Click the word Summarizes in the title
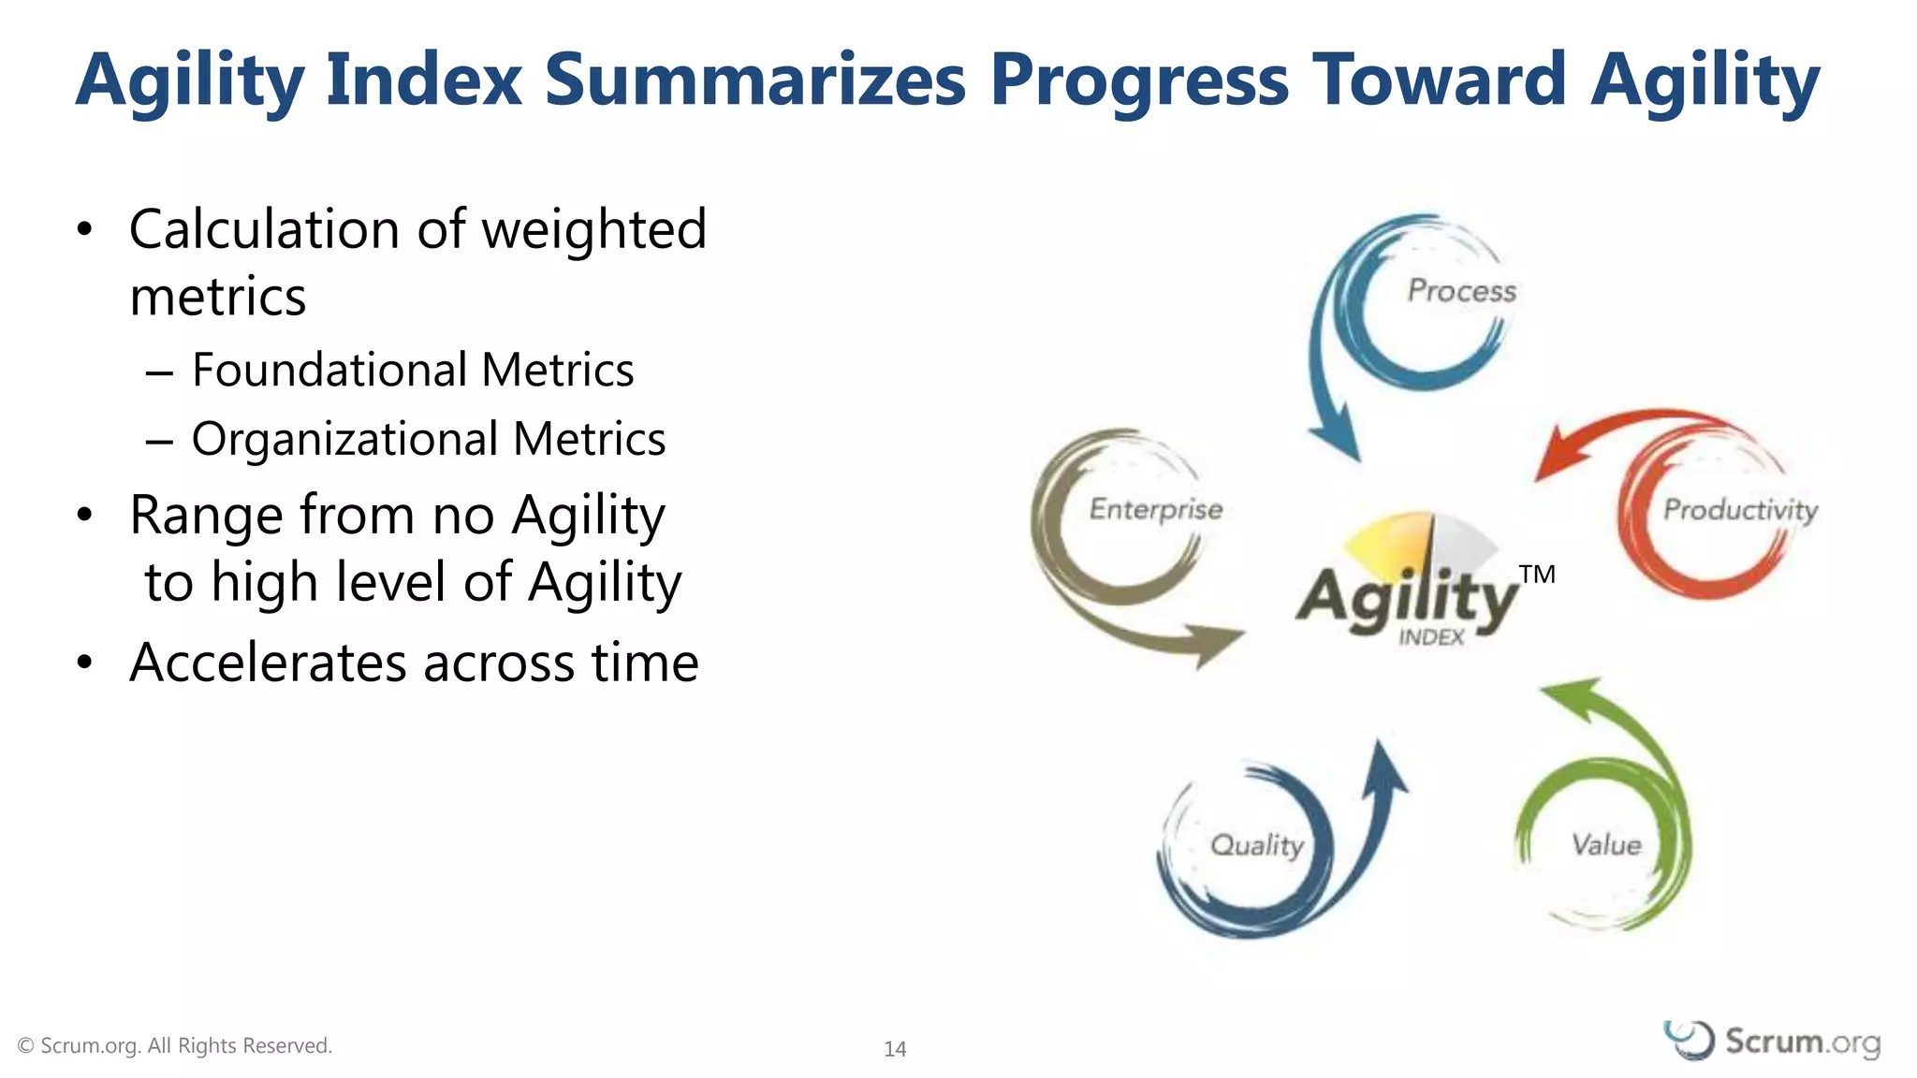click(x=754, y=80)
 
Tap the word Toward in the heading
click(x=1439, y=80)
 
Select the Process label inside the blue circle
click(x=1461, y=291)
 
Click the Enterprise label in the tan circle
click(x=1156, y=509)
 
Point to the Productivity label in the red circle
click(x=1740, y=510)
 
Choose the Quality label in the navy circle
click(x=1256, y=845)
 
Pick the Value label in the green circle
click(x=1606, y=845)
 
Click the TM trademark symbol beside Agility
click(x=1537, y=575)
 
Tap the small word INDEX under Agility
click(x=1431, y=637)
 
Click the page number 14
click(x=895, y=1049)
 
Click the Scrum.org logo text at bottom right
click(x=1801, y=1042)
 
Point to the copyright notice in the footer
click(x=175, y=1045)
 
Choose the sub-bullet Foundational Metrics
click(x=412, y=370)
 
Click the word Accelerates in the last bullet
click(x=268, y=663)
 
